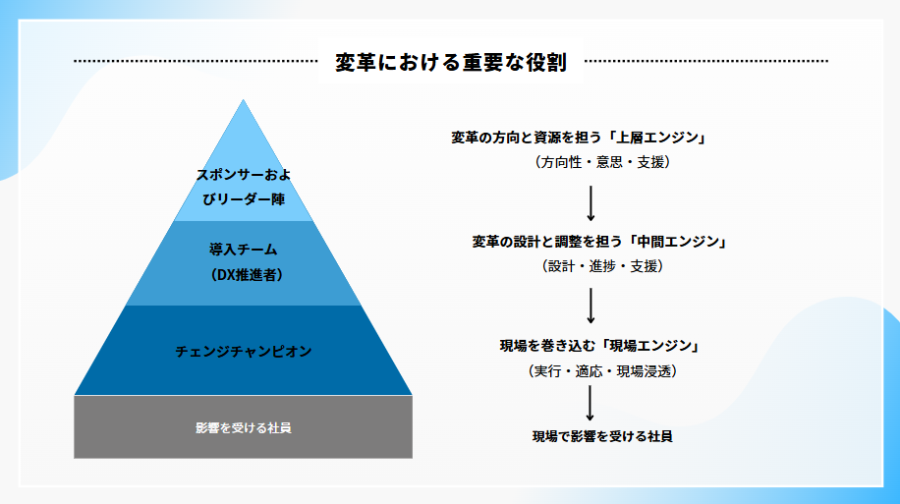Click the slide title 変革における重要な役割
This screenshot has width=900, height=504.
click(x=451, y=62)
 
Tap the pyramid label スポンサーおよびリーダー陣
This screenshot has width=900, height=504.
click(x=244, y=187)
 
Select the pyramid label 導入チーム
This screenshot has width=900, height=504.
click(x=244, y=250)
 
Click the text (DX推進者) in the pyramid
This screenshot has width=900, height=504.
click(x=246, y=275)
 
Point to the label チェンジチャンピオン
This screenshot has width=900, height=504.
click(x=244, y=352)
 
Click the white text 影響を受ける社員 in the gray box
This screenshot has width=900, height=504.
click(x=244, y=427)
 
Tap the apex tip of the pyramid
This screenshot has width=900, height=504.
click(x=244, y=100)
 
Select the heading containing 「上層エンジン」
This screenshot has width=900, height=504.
click(x=579, y=138)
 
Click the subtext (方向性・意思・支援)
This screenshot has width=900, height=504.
click(x=602, y=162)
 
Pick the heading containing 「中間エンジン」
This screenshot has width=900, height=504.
click(x=599, y=242)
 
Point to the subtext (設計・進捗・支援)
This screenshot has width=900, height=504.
click(x=602, y=266)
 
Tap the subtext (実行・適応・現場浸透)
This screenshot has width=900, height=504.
click(x=602, y=371)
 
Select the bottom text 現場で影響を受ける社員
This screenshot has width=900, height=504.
click(x=602, y=436)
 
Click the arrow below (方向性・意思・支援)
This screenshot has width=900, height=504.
click(x=591, y=203)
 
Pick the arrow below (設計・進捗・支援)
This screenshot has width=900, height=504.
click(x=591, y=306)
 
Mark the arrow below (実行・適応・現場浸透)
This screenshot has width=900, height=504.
click(x=590, y=403)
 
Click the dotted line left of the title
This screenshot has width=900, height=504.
click(x=196, y=61)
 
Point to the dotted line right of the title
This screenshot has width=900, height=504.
click(x=706, y=61)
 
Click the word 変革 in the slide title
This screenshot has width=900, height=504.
click(x=356, y=62)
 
